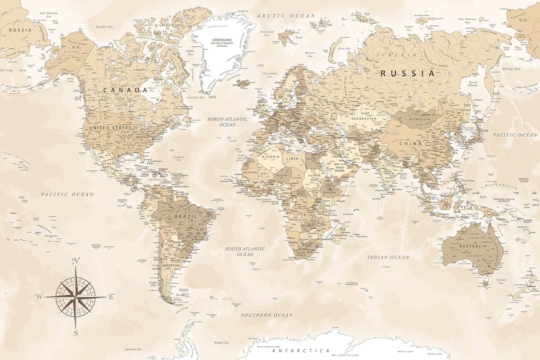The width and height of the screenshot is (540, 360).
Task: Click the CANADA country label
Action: [x=126, y=90]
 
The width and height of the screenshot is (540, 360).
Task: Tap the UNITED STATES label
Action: [x=110, y=127]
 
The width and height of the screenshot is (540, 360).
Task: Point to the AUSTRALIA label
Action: [x=473, y=246]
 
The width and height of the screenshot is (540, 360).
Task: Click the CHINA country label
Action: [x=411, y=144]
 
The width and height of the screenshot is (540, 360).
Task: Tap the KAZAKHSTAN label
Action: [x=363, y=118]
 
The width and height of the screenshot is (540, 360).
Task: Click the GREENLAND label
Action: [x=222, y=40]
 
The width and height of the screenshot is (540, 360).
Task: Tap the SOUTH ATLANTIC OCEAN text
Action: [x=245, y=251]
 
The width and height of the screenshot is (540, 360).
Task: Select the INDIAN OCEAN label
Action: [x=388, y=257]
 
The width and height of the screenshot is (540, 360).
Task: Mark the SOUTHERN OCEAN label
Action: [x=267, y=315]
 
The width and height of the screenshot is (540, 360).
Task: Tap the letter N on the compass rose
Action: [x=75, y=261]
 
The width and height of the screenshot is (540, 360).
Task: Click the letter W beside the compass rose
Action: [x=40, y=296]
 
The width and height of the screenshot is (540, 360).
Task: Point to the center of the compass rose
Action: [x=75, y=297]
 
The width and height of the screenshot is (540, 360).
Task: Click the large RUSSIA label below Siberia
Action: [x=407, y=73]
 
